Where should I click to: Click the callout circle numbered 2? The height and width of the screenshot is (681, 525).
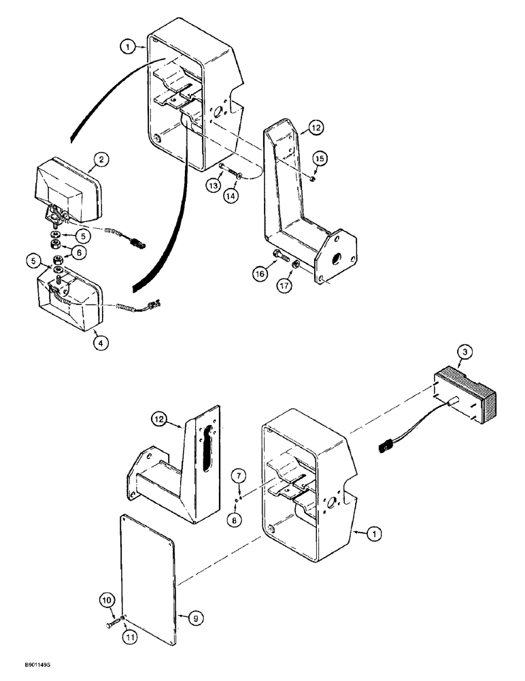pos(100,160)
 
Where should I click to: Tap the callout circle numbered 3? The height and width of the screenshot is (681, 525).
pos(464,353)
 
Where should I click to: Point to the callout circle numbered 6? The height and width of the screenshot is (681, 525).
pos(80,252)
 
